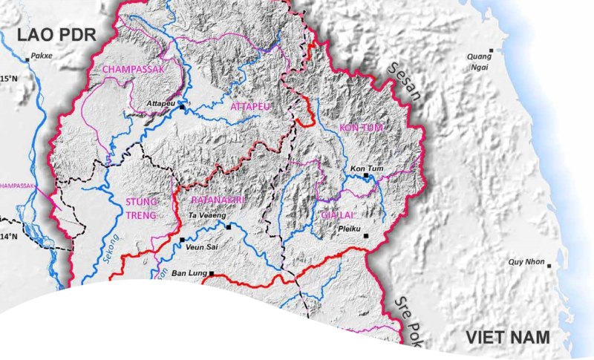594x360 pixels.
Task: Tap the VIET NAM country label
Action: click(x=509, y=338)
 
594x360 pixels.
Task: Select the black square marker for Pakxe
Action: click(x=28, y=58)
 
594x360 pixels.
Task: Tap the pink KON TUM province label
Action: click(x=361, y=128)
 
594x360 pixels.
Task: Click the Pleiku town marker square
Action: click(x=365, y=236)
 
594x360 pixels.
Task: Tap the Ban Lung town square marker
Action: click(x=212, y=273)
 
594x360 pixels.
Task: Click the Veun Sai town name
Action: click(x=199, y=248)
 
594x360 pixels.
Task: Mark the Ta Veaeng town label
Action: click(x=206, y=216)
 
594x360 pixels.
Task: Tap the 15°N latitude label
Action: click(x=8, y=78)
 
